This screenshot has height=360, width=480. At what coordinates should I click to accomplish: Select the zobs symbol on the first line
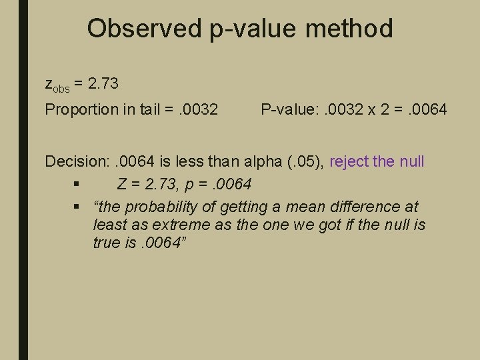click(x=57, y=85)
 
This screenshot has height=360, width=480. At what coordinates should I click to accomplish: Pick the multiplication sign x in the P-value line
click(x=371, y=109)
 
